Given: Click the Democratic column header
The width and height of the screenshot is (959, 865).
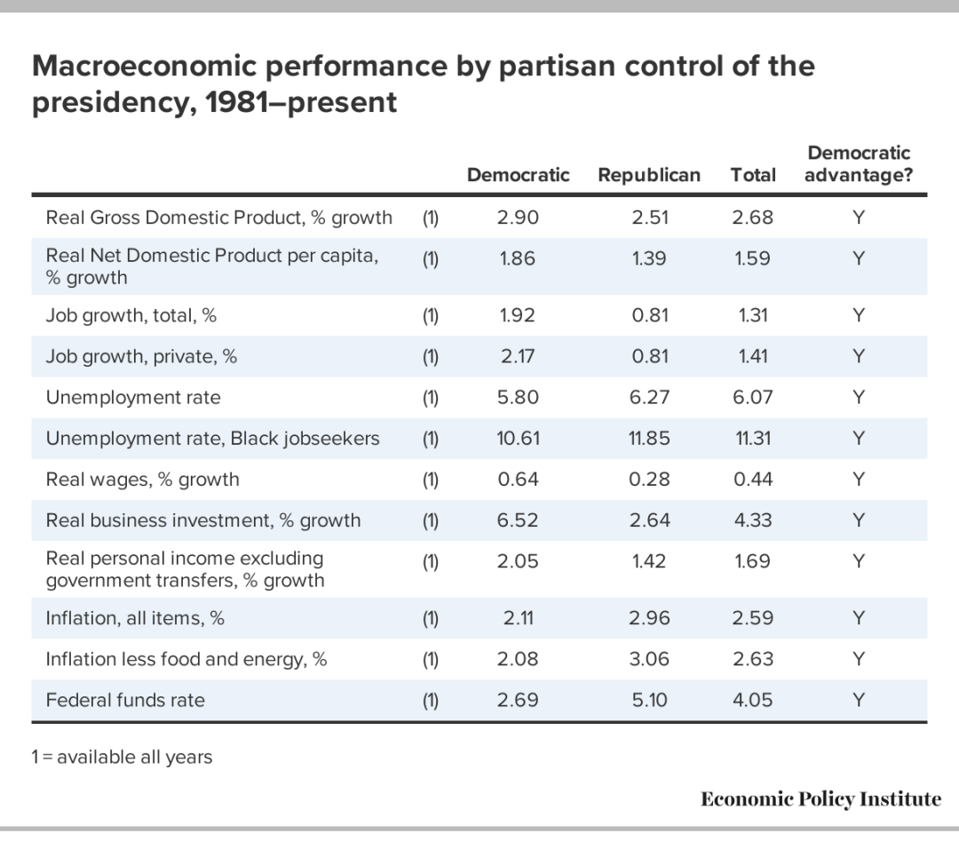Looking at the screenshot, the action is click(518, 175).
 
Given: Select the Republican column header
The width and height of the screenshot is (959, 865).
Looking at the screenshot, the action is click(649, 175).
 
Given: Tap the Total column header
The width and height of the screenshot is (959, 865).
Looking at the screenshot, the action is click(753, 175).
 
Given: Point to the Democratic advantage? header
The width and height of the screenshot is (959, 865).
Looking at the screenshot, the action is click(859, 164).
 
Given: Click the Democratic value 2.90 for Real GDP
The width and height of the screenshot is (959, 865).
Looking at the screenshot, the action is click(518, 218).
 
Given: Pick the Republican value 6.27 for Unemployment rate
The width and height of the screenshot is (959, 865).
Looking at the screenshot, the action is click(649, 398).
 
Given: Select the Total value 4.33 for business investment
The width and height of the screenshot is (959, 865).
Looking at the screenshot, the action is click(753, 520).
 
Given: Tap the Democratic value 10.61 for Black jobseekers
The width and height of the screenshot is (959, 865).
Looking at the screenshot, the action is click(518, 439).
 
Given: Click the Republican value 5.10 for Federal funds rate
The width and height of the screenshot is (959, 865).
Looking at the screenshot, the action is click(649, 701).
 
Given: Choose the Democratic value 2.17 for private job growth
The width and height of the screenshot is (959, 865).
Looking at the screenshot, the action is click(518, 357).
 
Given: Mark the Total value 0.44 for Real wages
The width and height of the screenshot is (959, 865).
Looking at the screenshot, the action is click(753, 480).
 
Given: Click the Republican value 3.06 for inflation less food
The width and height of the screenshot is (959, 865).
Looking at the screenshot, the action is click(649, 660).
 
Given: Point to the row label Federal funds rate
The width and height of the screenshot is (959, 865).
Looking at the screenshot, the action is click(125, 701).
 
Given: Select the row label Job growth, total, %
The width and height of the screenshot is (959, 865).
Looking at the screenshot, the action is click(131, 315).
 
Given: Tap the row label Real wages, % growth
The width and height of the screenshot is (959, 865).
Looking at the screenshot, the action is click(142, 480).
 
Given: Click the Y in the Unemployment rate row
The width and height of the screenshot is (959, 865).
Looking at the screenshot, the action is click(859, 398).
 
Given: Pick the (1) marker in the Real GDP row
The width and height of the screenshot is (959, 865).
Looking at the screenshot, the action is click(431, 218).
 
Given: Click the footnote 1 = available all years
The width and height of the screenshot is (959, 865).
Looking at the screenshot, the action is click(122, 758).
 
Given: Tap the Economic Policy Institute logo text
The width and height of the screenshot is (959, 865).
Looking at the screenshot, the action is click(820, 799).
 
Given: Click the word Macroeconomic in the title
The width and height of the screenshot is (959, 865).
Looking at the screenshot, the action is click(145, 66).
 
